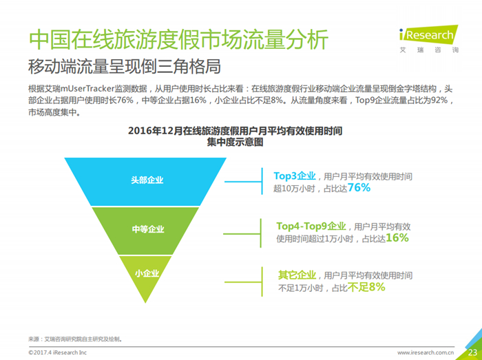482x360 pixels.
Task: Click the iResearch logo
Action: [x=429, y=39]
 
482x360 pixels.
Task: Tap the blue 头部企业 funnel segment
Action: [x=145, y=181]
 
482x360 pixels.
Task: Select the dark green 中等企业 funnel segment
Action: [x=145, y=231]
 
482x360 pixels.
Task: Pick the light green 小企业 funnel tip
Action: [x=145, y=277]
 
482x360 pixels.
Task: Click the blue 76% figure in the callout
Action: [x=359, y=187]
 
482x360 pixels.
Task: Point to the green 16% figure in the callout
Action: [x=397, y=237]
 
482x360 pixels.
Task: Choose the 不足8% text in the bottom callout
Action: [x=366, y=288]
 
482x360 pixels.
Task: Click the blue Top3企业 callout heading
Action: [x=295, y=176]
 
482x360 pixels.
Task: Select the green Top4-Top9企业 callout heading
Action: [x=311, y=226]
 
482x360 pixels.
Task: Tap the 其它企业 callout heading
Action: [x=297, y=275]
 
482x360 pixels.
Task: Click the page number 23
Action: [x=473, y=352]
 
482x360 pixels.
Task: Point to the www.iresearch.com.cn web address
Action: [x=426, y=352]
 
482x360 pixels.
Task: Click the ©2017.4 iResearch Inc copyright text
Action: [x=57, y=352]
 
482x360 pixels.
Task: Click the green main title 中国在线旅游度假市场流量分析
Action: [x=178, y=40]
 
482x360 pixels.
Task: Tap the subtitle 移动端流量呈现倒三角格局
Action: [x=125, y=66]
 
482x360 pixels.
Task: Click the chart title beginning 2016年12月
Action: [x=235, y=136]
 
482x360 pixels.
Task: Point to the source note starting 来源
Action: [x=75, y=339]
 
